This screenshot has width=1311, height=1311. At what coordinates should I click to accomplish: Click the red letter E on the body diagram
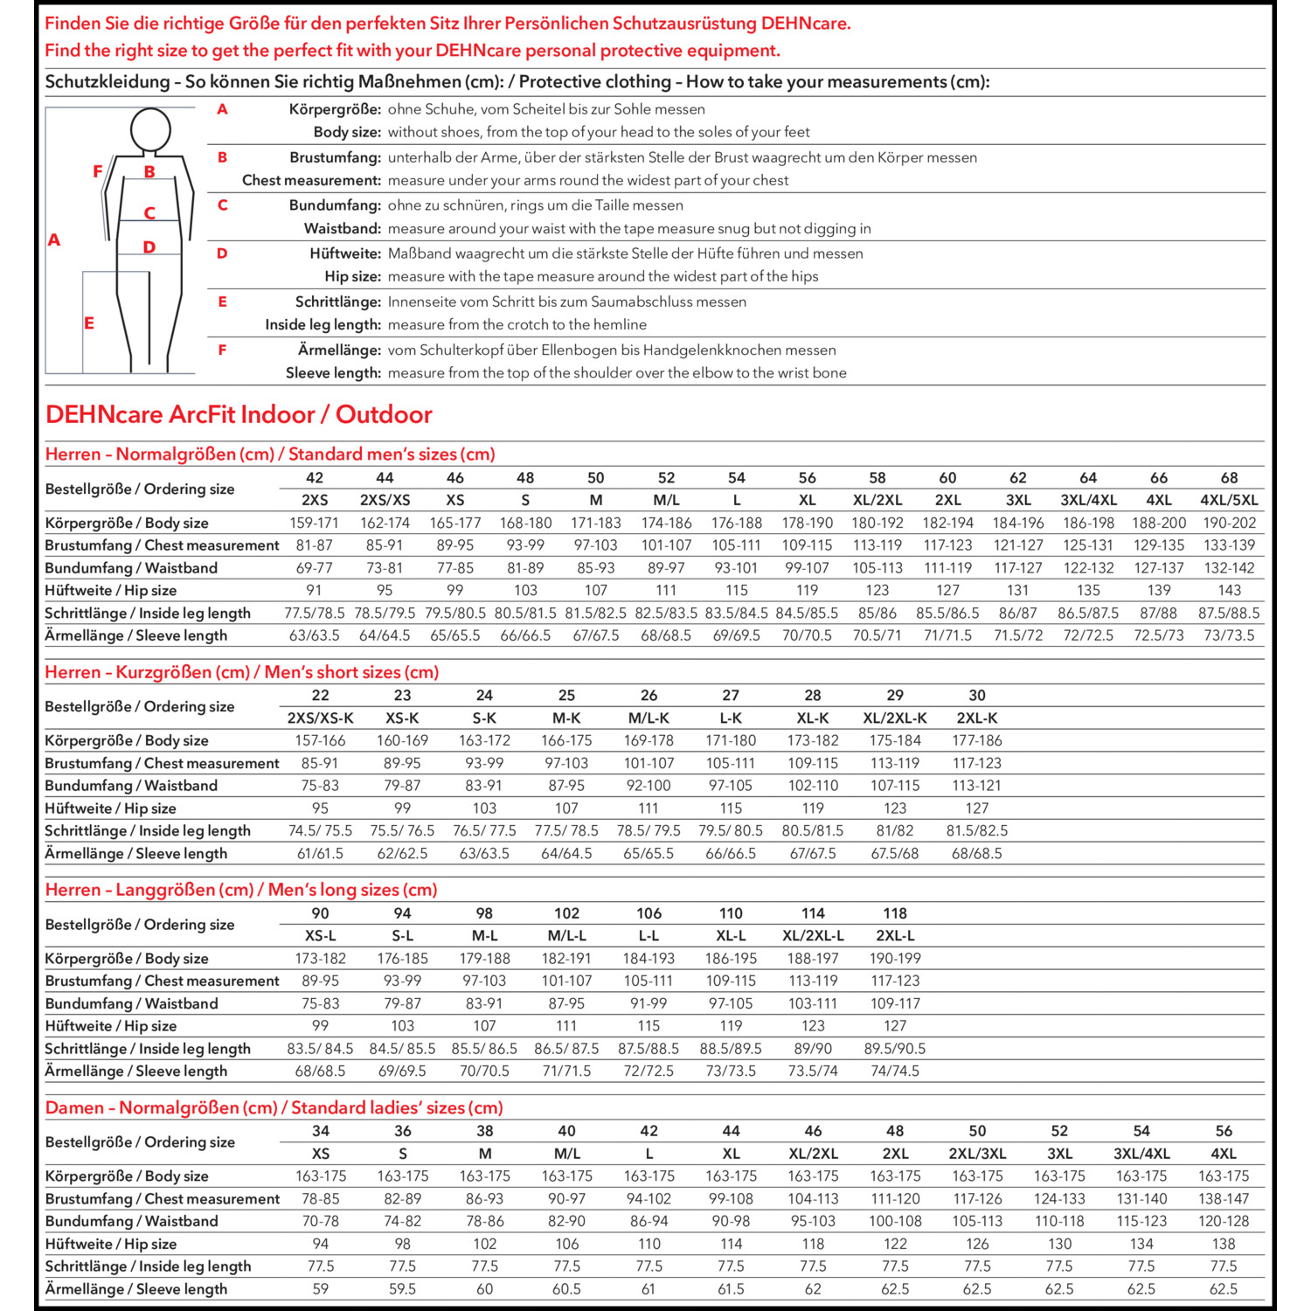pyautogui.click(x=89, y=323)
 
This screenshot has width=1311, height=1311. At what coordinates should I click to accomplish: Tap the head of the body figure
pyautogui.click(x=150, y=131)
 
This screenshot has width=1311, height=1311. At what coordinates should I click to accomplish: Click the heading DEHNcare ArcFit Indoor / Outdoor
pyautogui.click(x=239, y=414)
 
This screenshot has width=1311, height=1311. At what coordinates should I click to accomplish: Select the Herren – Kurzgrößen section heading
pyautogui.click(x=242, y=672)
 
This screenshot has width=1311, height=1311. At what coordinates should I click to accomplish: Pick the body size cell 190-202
pyautogui.click(x=1229, y=523)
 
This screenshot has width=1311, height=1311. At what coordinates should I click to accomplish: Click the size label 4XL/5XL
pyautogui.click(x=1229, y=500)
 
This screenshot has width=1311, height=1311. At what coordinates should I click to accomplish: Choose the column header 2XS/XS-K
pyautogui.click(x=321, y=718)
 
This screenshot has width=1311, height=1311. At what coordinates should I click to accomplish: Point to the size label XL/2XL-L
pyautogui.click(x=813, y=935)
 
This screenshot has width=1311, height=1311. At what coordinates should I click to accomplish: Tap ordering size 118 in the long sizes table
pyautogui.click(x=895, y=913)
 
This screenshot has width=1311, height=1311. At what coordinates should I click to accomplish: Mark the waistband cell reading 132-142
pyautogui.click(x=1229, y=568)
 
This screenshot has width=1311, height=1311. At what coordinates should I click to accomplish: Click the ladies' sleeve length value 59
pyautogui.click(x=321, y=1289)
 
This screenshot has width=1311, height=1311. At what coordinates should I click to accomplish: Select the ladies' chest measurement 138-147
pyautogui.click(x=1224, y=1199)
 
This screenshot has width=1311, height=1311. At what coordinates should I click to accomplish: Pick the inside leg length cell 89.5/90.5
pyautogui.click(x=895, y=1049)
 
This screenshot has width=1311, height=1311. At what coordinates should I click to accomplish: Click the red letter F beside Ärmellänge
pyautogui.click(x=222, y=350)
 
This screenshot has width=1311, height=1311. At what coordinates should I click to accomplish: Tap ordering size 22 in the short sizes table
pyautogui.click(x=321, y=696)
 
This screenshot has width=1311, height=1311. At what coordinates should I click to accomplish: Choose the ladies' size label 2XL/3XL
pyautogui.click(x=977, y=1154)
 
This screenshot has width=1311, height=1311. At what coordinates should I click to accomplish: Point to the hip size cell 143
pyautogui.click(x=1229, y=591)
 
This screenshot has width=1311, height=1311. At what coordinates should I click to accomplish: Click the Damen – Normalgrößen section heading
pyautogui.click(x=274, y=1108)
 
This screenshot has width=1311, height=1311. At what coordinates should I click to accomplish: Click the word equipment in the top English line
pyautogui.click(x=739, y=51)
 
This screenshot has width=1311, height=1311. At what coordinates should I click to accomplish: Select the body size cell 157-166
pyautogui.click(x=321, y=740)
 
